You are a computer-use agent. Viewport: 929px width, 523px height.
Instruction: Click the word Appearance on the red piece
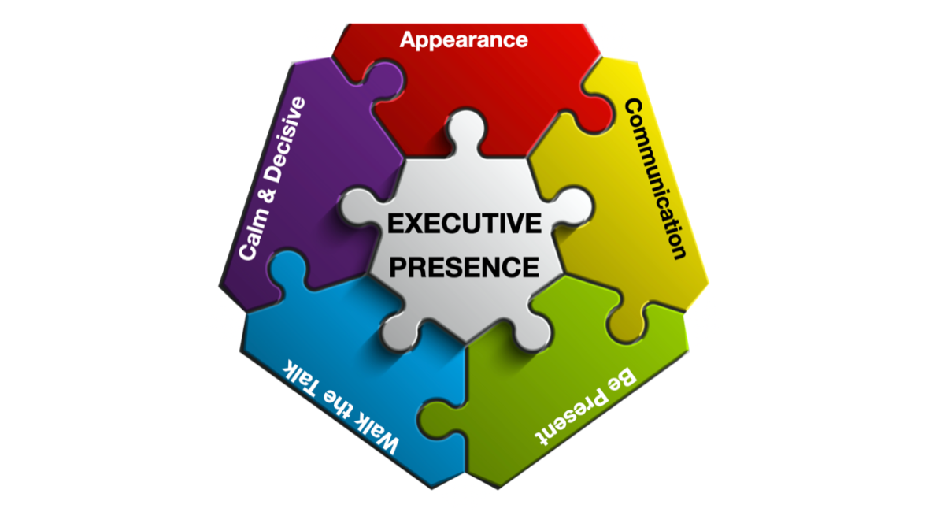coord(463,39)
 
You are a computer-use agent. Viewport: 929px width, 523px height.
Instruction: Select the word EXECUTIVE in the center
coord(464,224)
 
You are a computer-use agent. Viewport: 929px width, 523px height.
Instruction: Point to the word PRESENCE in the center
coord(464,266)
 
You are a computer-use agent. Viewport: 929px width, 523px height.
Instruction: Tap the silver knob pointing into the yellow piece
coord(574,208)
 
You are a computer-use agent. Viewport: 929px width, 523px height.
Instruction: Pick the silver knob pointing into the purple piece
coord(354,209)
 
